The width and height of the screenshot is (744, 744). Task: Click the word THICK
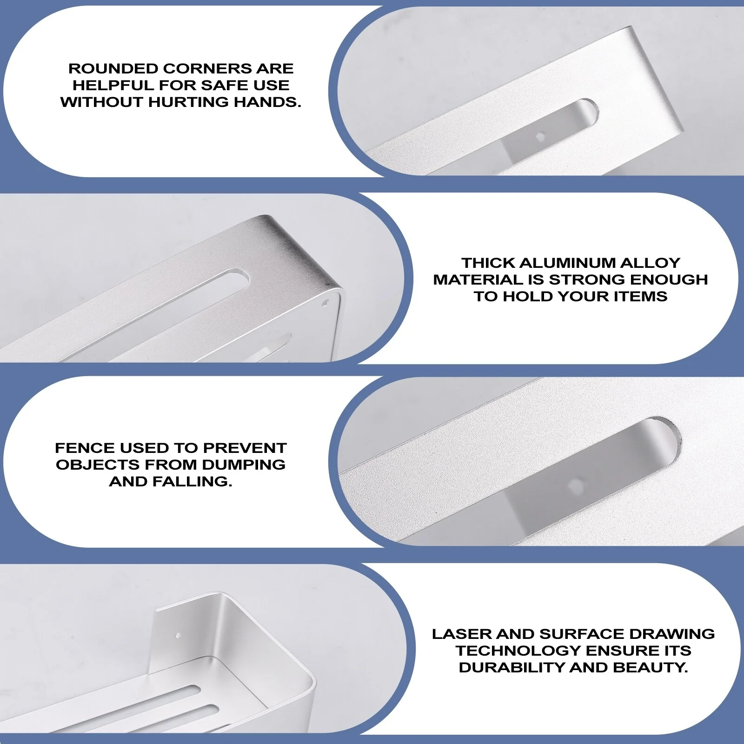point(488,263)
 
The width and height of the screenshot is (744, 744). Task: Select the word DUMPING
point(244,465)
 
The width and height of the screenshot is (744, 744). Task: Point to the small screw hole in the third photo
point(574,484)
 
